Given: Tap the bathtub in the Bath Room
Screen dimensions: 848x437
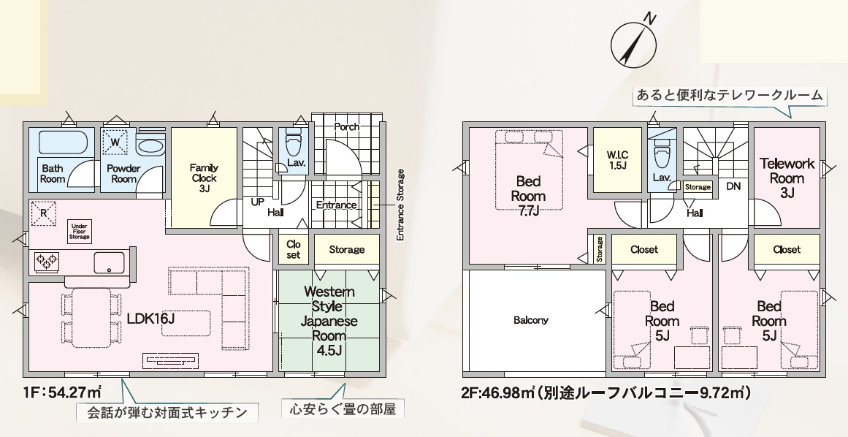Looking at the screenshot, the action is coord(64,142).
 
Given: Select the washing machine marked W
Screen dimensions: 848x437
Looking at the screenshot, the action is coord(115,142).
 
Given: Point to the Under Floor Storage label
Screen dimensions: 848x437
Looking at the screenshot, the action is coord(80,232).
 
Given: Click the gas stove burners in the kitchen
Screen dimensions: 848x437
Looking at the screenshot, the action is coord(47,262).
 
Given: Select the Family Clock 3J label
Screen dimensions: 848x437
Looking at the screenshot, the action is coord(204,178).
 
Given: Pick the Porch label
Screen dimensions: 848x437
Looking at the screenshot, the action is coord(347,126).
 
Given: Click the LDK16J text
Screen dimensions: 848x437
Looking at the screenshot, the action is coord(151,319).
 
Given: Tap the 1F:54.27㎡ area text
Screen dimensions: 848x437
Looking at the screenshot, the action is coord(63,392).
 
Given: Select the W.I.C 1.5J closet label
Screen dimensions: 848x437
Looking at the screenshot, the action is coord(616,160).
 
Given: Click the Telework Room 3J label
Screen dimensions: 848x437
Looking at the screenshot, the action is coord(787,178).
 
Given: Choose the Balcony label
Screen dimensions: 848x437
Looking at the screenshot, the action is coord(530,320).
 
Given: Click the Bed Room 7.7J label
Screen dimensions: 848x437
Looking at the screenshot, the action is coord(528,196).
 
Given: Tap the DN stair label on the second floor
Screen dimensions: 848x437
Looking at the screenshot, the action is coord(733,186).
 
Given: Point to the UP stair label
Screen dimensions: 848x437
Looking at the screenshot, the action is coord(258,202).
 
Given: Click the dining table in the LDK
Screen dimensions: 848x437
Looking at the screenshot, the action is coord(91,317).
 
